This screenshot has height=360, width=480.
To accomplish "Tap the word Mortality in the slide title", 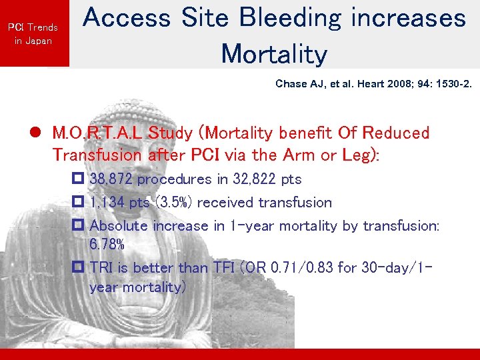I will point(274,53).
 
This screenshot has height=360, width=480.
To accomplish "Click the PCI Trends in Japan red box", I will point(33,33).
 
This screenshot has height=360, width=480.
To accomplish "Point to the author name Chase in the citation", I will point(291,85).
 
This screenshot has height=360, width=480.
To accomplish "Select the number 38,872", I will point(112,179).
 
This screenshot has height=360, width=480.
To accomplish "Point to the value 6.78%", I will point(107,245).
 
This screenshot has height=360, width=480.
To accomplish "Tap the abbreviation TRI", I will point(102,268).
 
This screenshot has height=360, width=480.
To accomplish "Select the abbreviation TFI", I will point(219,268).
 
